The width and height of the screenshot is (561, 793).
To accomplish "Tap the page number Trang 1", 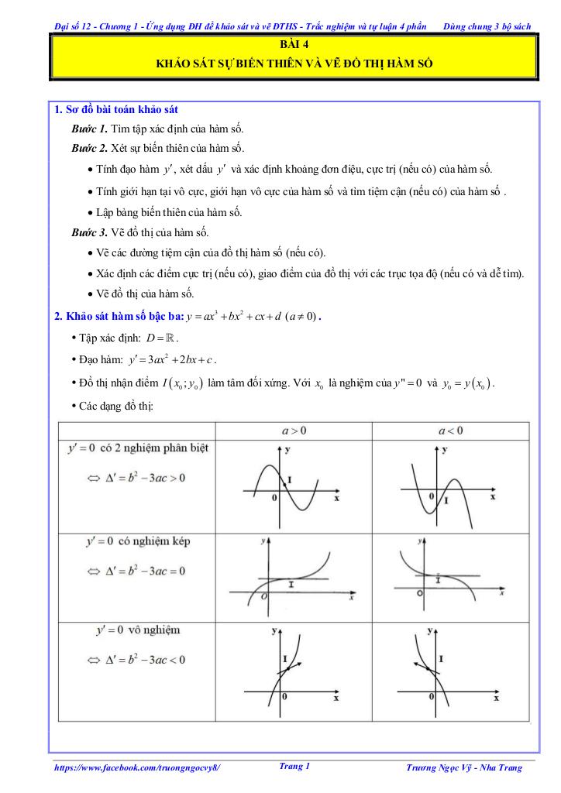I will pos(294,766).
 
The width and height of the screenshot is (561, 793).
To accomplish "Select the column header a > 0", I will pos(293,431).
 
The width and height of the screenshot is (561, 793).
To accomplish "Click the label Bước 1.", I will pos(90,129).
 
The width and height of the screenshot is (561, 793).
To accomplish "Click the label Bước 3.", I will pos(90,232).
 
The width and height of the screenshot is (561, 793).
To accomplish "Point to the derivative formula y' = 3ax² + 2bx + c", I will pos(173,359).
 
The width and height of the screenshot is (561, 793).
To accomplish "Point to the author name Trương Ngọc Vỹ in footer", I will pos(464,767).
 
